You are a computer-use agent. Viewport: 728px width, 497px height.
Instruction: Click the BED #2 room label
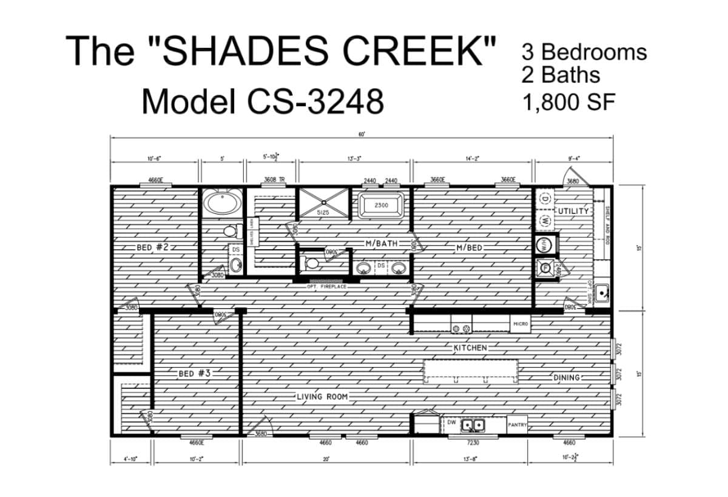click(152, 247)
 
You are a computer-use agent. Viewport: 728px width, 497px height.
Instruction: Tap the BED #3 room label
click(194, 373)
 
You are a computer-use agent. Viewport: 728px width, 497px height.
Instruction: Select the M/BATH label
click(382, 243)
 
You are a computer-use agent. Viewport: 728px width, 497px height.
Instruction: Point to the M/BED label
click(470, 247)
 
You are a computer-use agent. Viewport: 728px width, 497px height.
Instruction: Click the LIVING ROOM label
click(322, 397)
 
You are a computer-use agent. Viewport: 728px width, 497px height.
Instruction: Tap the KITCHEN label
click(470, 348)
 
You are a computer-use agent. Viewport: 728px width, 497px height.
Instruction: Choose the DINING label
click(567, 377)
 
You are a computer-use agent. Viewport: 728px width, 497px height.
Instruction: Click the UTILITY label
click(573, 211)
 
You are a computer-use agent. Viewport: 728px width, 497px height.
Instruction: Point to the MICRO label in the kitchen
click(521, 324)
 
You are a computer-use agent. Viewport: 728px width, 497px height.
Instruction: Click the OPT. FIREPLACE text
click(326, 286)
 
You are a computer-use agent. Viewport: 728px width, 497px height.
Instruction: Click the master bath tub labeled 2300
click(382, 205)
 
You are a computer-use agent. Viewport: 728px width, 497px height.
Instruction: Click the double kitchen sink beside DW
click(473, 425)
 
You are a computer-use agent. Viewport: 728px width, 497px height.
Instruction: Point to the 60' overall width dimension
click(362, 134)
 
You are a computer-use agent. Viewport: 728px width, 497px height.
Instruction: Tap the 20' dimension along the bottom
click(326, 459)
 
